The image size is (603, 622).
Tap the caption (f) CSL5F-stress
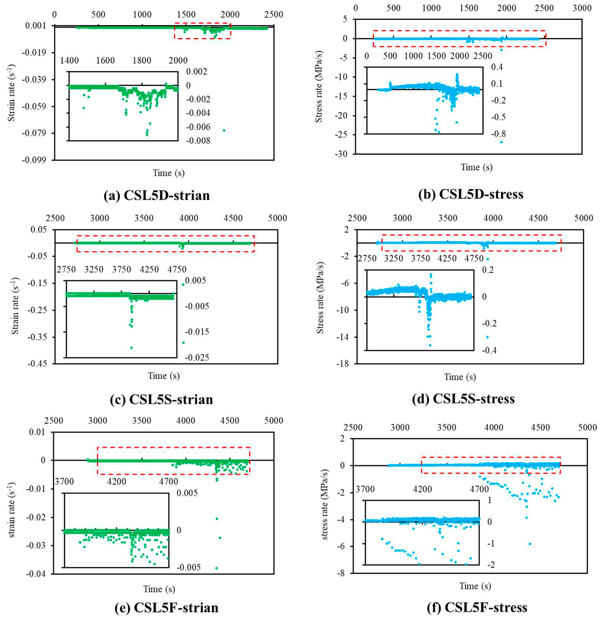click(477, 607)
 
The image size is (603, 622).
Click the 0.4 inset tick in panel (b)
click(497, 67)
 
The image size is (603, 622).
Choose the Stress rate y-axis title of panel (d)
click(320, 298)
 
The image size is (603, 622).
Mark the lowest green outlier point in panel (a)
click(224, 130)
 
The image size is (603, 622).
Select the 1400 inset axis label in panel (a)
click(69, 60)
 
